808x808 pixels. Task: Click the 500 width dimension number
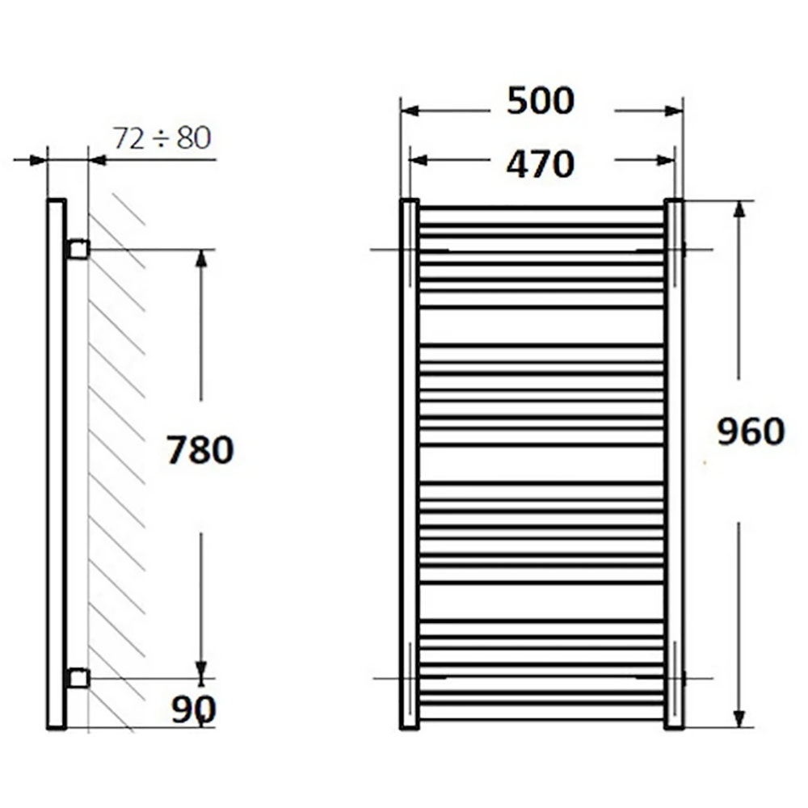540,101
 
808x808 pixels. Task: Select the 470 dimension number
540,164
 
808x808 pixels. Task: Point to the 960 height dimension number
751,431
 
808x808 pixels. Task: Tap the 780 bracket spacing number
200,449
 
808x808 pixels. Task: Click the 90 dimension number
194,710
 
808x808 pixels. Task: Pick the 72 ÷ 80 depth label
162,138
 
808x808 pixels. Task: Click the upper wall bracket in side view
78,250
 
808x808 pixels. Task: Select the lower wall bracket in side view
78,678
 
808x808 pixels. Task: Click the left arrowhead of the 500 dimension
410,111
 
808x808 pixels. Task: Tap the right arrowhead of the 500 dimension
674,111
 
